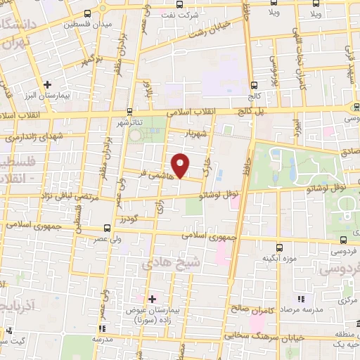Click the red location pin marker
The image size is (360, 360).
click(181, 165)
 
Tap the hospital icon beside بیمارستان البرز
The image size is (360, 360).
click(47, 84)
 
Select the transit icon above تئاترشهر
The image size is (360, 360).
click(129, 111)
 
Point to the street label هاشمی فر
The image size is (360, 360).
click(155, 170)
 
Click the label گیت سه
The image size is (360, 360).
click(13, 340)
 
